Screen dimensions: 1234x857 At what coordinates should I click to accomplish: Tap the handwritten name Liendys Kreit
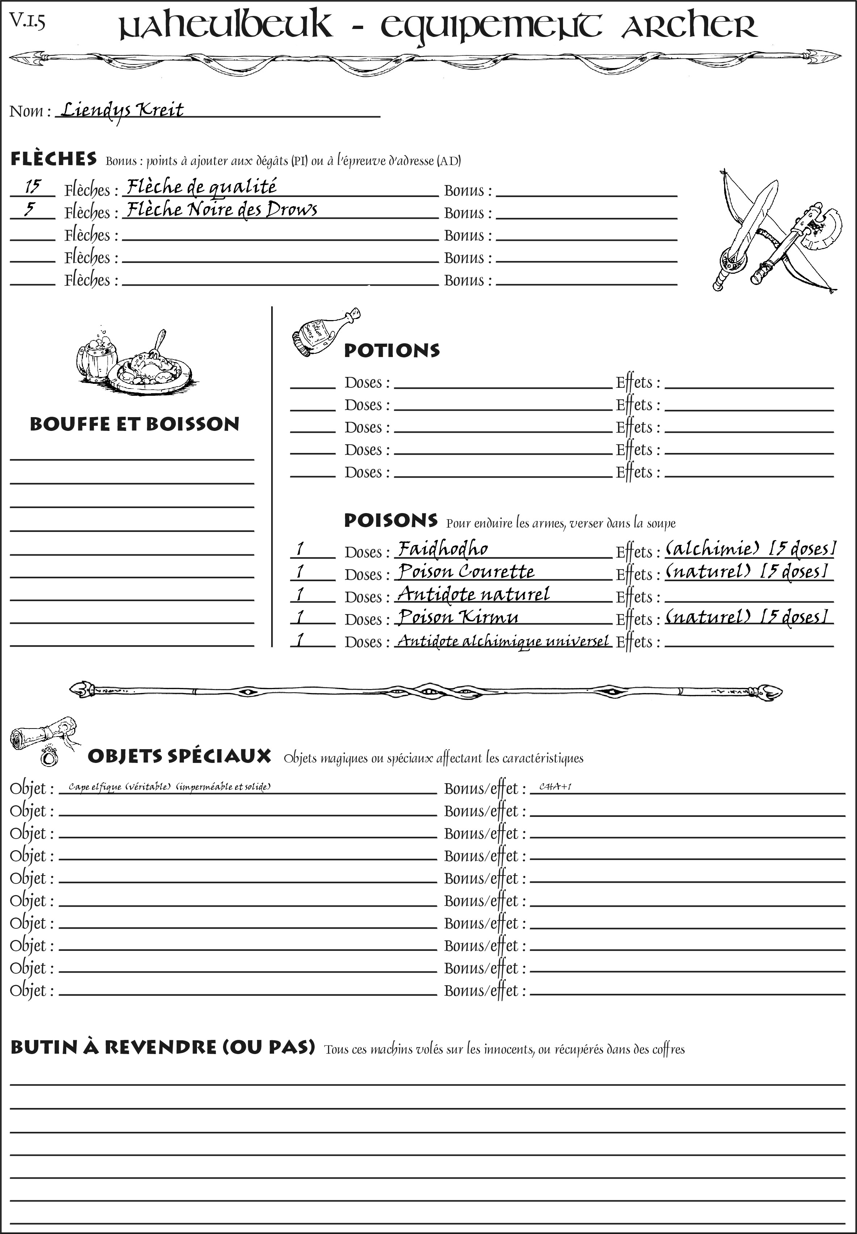122,110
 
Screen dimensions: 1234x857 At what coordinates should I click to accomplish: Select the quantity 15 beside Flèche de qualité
32,187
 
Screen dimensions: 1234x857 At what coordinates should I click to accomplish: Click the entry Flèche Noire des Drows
221,209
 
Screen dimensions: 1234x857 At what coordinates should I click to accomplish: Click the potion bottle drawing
323,333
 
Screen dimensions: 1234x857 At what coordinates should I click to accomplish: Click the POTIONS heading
391,351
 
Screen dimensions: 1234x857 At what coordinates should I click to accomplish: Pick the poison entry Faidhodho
442,549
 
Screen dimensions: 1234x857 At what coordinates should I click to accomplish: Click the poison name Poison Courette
466,571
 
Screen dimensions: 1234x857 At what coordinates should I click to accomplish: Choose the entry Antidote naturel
473,594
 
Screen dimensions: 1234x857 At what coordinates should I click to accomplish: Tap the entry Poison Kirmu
458,617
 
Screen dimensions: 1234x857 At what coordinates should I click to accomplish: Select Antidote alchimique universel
503,641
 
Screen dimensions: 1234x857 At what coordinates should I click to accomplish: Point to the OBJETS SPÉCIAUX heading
179,756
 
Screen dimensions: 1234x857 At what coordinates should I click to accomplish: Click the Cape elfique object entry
169,787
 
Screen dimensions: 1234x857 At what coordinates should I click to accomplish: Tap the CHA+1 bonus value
555,787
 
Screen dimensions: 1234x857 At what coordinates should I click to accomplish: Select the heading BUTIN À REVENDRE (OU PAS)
162,1047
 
